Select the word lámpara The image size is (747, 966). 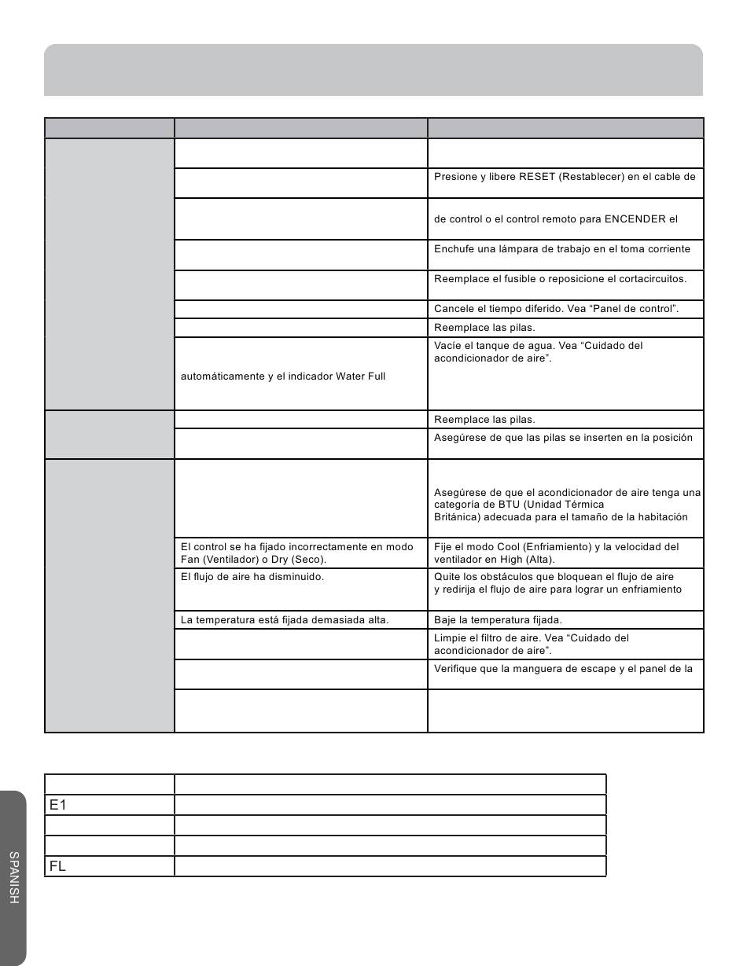515,249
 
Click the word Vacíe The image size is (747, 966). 447,346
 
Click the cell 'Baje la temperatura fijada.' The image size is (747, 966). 498,620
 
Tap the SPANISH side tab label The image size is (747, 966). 14,877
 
